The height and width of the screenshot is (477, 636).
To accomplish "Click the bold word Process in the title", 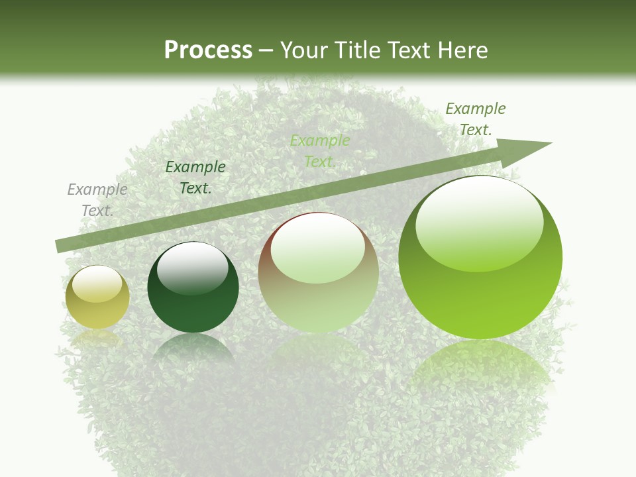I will (x=208, y=50).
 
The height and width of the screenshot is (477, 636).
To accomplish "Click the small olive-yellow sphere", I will (x=97, y=297).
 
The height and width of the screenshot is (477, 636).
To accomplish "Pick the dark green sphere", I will (x=193, y=288).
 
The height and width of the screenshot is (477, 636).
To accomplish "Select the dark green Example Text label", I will (x=195, y=178).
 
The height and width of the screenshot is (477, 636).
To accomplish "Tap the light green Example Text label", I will (x=320, y=151).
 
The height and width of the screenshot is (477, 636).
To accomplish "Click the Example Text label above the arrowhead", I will (x=476, y=119).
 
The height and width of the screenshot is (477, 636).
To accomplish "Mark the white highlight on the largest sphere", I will (x=479, y=222).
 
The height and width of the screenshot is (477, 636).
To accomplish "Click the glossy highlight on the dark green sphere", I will (x=192, y=267).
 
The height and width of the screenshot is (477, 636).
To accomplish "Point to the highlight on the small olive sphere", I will (x=97, y=284).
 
